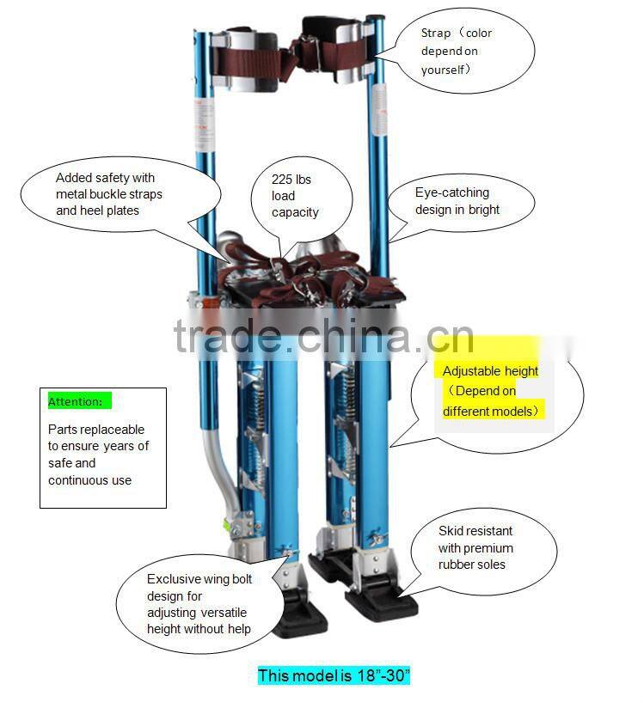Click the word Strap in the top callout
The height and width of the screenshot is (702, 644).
pos(436,34)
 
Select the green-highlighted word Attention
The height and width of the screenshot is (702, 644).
pos(75,401)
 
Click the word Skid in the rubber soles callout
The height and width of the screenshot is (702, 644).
pos(451,531)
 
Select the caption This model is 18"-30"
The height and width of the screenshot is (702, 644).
pos(334,675)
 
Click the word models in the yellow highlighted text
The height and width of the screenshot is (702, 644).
pos(515,411)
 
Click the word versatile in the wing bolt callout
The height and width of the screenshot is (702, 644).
pos(223,613)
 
